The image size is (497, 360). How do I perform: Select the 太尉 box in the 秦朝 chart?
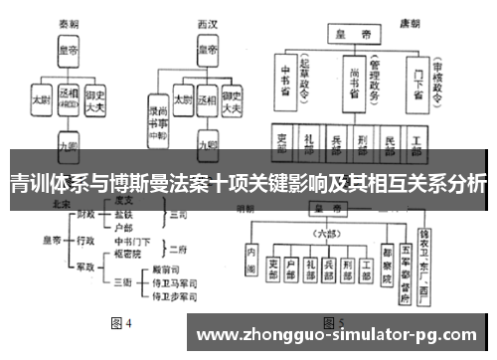click(42, 99)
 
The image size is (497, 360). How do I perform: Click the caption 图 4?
click(120, 323)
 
